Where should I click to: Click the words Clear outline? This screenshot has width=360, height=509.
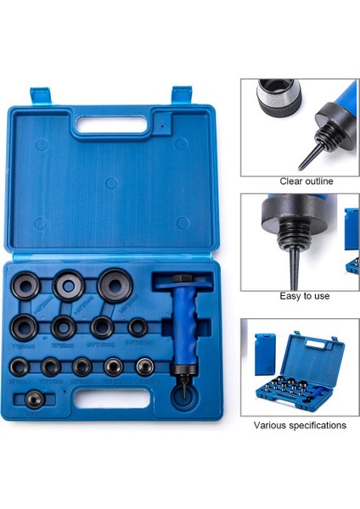point(306,182)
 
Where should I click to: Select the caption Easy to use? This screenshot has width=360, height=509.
point(304,296)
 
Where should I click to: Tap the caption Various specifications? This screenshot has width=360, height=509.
point(301,425)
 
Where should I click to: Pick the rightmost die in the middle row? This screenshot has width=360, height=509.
point(138,327)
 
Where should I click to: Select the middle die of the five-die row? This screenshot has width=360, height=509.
point(82,366)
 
